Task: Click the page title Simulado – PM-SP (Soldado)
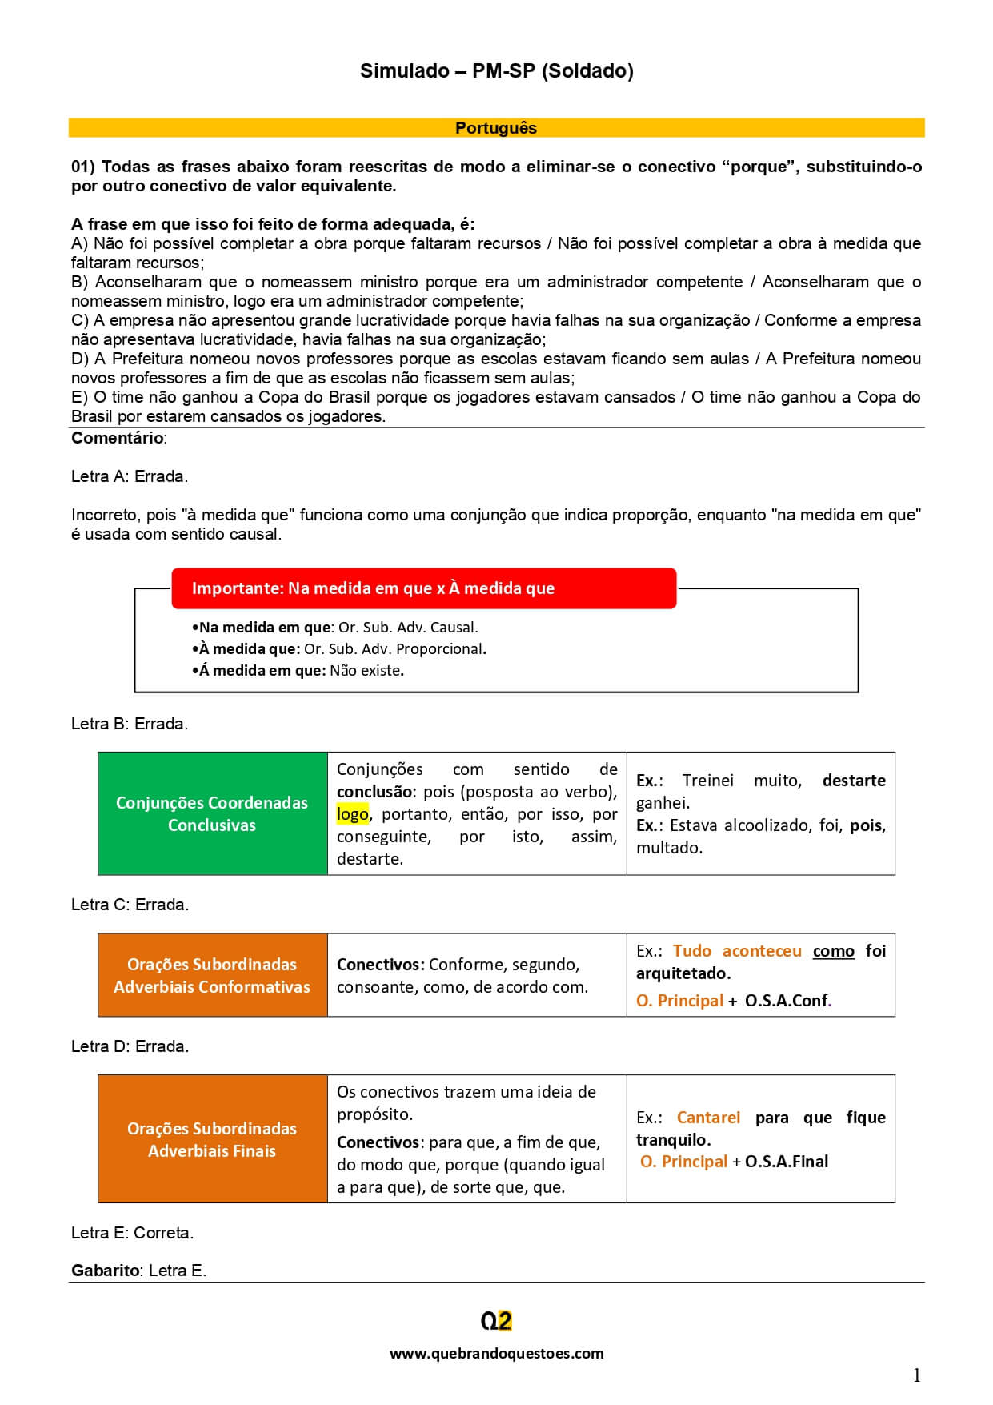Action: coord(496,71)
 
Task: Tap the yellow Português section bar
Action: coord(496,128)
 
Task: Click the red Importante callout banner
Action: coord(423,588)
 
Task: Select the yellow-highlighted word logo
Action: coord(353,814)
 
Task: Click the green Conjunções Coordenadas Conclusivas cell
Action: coord(212,813)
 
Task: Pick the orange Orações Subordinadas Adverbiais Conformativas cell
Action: coord(212,975)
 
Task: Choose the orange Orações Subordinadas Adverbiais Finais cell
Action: coord(212,1139)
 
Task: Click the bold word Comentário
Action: coord(118,438)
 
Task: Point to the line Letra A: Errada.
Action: coord(130,476)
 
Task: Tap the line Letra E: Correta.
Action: coord(132,1233)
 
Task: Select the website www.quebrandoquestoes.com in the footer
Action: coord(496,1353)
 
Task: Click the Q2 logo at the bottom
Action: coord(496,1321)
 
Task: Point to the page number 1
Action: coord(916,1375)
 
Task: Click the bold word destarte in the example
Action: coord(853,781)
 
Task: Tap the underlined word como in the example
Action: coord(833,951)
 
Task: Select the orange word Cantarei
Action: coord(708,1118)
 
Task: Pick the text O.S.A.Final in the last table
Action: coord(786,1162)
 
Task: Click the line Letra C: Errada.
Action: coord(130,905)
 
